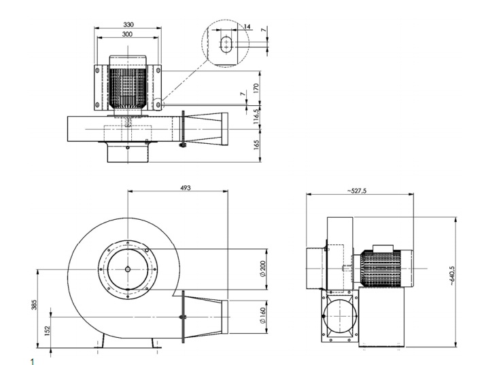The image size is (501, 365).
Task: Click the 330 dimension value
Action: click(128, 24)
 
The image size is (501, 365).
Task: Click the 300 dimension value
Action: click(127, 34)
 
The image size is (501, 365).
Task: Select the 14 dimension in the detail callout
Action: click(247, 26)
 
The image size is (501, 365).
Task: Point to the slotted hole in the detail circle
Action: click(226, 44)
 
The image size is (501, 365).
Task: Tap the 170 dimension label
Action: click(256, 88)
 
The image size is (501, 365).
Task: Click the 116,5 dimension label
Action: click(256, 116)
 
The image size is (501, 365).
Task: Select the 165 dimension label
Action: click(256, 145)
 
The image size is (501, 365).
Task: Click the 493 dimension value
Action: click(186, 188)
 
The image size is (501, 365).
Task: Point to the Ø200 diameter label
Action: click(262, 269)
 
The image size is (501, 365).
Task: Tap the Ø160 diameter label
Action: click(262, 315)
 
